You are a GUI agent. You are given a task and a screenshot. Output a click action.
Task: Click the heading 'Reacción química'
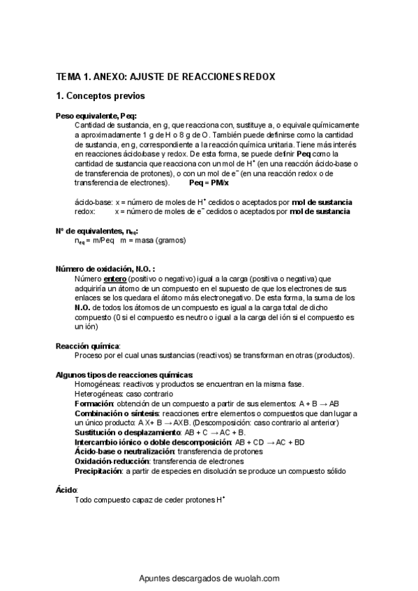click(x=87, y=346)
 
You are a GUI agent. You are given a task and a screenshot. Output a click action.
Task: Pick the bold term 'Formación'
click(x=94, y=404)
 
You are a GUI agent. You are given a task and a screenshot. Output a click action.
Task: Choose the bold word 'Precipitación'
click(x=98, y=471)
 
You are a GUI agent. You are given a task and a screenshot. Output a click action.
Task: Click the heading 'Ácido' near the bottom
click(x=66, y=490)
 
